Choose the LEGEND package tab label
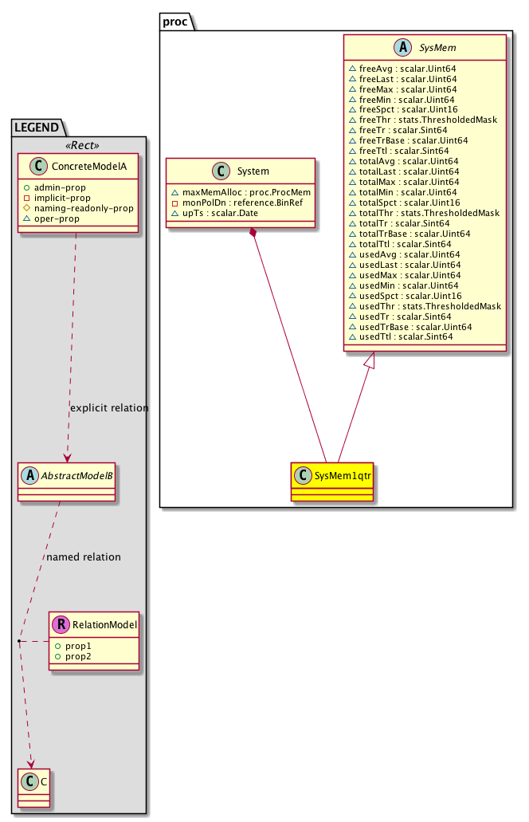(x=36, y=126)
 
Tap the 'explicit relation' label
(x=109, y=407)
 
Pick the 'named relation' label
(x=83, y=557)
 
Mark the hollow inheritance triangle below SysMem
(x=369, y=360)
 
